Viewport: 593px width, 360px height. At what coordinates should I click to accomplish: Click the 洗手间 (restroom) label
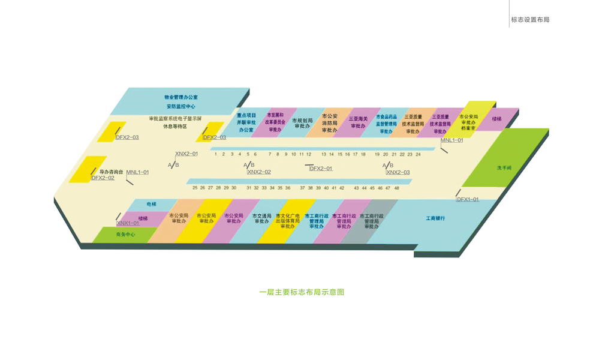click(x=504, y=168)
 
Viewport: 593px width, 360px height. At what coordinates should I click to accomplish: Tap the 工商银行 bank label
click(x=435, y=218)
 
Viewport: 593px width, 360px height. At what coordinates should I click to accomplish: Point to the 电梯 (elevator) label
click(x=151, y=203)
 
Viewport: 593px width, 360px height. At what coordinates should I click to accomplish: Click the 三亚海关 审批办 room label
click(x=358, y=122)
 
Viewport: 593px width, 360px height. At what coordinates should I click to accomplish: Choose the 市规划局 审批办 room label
click(x=302, y=123)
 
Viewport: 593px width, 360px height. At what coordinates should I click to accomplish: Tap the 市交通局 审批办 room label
click(x=262, y=218)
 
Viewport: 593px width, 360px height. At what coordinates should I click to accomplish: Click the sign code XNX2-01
click(x=186, y=154)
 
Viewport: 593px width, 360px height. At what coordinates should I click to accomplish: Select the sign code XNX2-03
click(x=398, y=172)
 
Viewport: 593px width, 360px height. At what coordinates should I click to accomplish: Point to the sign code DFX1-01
click(x=468, y=199)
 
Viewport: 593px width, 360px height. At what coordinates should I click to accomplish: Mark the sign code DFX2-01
click(x=321, y=169)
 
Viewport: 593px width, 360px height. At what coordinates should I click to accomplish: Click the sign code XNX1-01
click(x=128, y=223)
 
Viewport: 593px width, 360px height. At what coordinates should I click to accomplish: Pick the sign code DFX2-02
click(x=103, y=178)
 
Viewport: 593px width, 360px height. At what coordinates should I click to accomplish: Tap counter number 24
click(x=418, y=154)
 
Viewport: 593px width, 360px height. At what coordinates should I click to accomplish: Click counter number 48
click(x=396, y=188)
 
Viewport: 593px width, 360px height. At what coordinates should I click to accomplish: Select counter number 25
click(x=195, y=188)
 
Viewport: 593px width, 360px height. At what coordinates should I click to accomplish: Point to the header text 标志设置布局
click(x=530, y=20)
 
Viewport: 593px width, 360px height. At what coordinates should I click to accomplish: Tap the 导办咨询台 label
click(x=111, y=172)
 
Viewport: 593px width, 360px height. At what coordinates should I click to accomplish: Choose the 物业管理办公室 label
click(x=185, y=97)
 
